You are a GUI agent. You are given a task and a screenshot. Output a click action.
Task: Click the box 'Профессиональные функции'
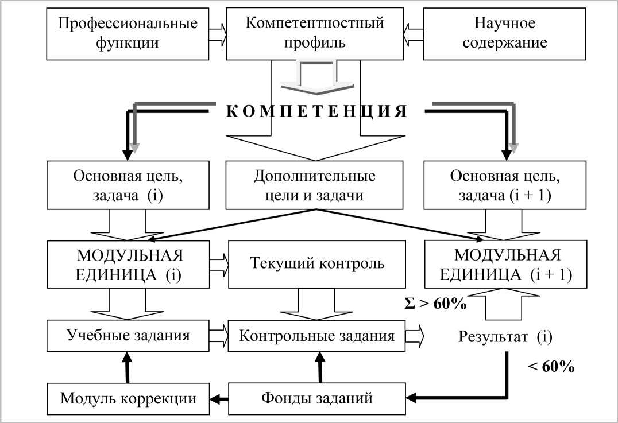coord(128,34)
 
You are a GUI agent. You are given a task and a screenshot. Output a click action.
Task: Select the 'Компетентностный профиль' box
coord(314,34)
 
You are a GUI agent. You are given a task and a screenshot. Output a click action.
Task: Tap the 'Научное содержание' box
coord(505,34)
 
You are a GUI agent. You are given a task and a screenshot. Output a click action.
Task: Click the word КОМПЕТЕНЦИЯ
coord(316,111)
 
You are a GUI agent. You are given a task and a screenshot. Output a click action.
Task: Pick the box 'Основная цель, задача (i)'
coord(127,185)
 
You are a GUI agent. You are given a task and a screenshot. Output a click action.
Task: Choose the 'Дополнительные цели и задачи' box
coord(314,185)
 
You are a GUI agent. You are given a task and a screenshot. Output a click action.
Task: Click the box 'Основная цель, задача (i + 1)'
coord(505,185)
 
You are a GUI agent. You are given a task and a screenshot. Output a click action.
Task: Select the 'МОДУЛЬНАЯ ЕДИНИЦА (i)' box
coord(128,264)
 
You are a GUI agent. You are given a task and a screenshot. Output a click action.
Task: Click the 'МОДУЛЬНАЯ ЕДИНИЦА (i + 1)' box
coord(505,264)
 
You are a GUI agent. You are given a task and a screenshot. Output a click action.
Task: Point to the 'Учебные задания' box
coord(128,336)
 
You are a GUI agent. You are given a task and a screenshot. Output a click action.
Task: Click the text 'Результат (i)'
coord(505,336)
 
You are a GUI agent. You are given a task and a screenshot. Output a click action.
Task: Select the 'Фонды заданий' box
coord(317,397)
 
